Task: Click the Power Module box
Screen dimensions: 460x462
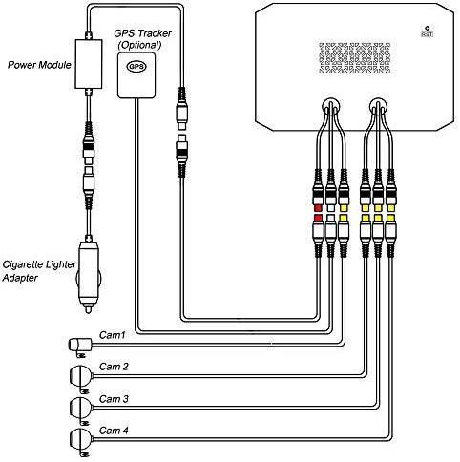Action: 89,64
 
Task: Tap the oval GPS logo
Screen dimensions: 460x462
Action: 136,67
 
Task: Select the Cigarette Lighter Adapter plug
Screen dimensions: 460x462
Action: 89,274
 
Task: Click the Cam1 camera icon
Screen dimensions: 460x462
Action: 80,346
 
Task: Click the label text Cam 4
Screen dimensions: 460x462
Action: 114,430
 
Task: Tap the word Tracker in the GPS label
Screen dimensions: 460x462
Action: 152,33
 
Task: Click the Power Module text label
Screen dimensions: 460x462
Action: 39,65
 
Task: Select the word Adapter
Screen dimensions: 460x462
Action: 20,278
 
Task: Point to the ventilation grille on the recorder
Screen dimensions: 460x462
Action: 354,58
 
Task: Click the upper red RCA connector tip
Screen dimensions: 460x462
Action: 318,208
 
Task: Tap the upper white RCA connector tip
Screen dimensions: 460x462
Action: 331,208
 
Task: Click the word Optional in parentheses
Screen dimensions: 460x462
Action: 139,45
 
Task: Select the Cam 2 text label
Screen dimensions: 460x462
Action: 114,367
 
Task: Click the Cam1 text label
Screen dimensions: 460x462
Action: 113,335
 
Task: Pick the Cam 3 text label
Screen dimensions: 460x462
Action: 114,399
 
